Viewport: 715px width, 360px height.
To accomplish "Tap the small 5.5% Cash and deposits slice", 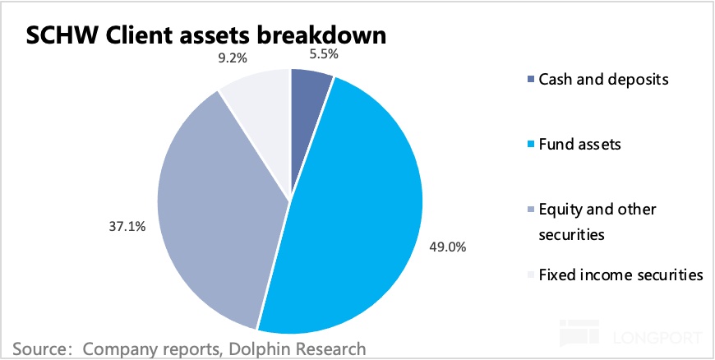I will pos(308,107).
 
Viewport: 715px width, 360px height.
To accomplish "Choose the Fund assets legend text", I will pos(579,145).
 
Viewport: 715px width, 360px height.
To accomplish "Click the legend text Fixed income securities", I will pos(620,275).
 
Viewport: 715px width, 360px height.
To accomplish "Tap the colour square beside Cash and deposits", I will pos(529,81).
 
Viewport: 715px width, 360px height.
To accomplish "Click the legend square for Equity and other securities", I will pos(529,210).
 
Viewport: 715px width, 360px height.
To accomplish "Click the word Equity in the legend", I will pos(560,210).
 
